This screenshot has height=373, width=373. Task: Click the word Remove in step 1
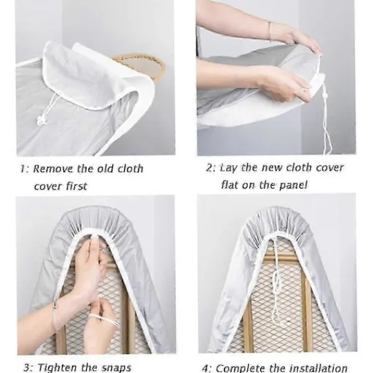[x=53, y=168]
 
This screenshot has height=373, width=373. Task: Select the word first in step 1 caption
[x=76, y=186]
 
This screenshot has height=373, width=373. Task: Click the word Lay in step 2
[x=229, y=168]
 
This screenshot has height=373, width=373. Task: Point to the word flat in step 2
[x=229, y=185]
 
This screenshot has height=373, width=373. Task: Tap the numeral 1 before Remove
[x=22, y=168]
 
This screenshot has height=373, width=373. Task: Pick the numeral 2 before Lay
[x=209, y=168]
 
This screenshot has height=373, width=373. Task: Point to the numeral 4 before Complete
[x=205, y=368]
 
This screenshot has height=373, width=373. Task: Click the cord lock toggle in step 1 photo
[x=41, y=121]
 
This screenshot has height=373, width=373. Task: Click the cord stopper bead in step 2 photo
[x=324, y=96]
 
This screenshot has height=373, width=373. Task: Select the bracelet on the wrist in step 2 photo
[x=270, y=32]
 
